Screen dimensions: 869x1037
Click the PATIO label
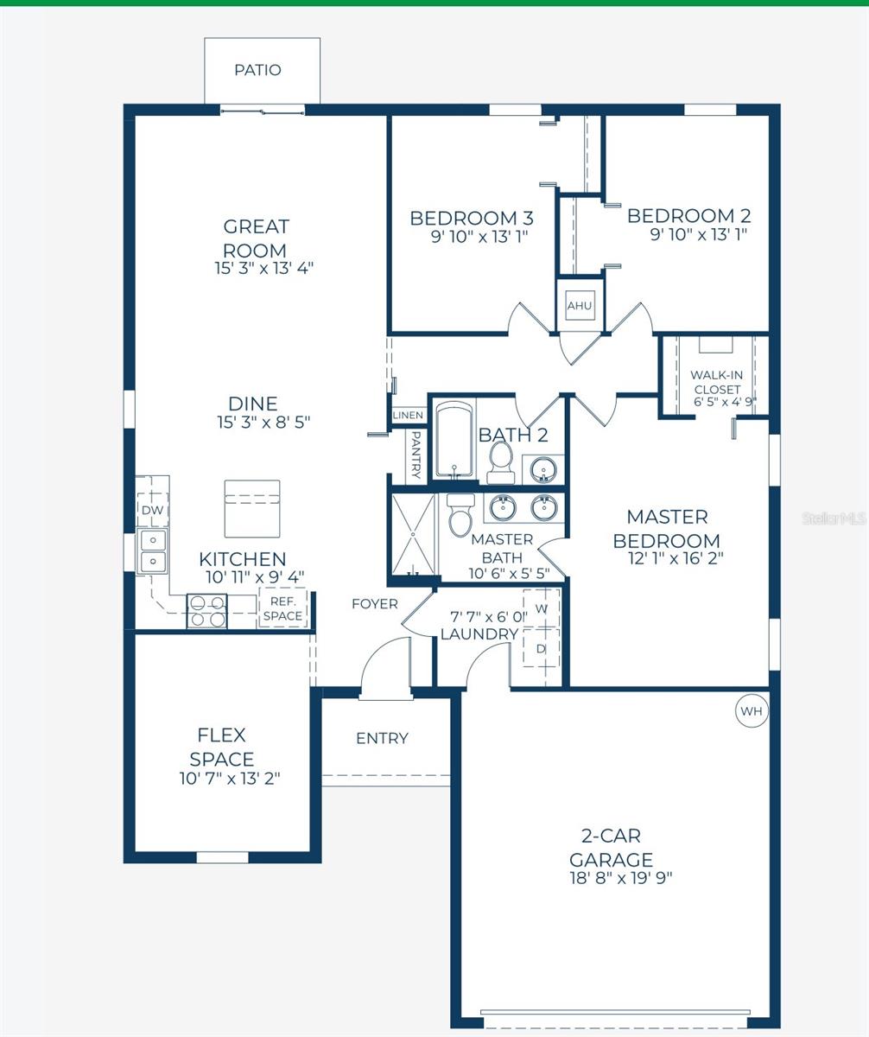257,70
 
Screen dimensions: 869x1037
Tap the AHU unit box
580,305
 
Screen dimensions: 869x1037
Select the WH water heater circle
752,710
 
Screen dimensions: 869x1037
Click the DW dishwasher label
152,510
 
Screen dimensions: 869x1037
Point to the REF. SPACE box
283,608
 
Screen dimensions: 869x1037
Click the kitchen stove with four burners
207,611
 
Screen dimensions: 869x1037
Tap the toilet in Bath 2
500,462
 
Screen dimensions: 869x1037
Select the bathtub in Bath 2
454,440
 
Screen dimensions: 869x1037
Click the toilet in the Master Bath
460,514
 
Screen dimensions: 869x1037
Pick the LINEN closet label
409,415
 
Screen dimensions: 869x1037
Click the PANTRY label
415,455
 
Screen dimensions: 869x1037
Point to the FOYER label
375,604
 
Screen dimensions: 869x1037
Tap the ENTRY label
382,739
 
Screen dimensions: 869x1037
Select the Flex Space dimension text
230,779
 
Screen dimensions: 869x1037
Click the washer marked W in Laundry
542,608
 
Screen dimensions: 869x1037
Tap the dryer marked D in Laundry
542,648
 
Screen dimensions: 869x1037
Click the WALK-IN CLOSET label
717,383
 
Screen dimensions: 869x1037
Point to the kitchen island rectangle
252,509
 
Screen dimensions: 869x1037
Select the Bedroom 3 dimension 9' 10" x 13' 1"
479,237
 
